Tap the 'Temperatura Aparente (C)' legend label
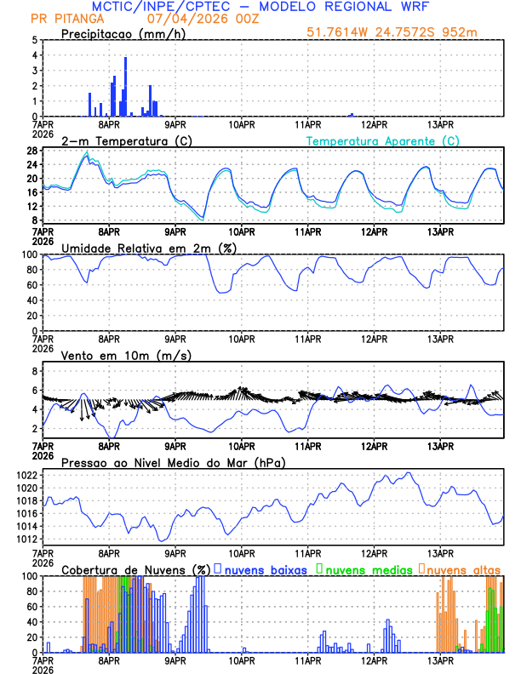[x=382, y=140]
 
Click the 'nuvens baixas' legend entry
[x=266, y=569]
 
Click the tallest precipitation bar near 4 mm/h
[x=125, y=86]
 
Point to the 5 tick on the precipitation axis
[x=34, y=40]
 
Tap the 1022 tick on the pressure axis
[x=26, y=475]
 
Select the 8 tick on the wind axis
[x=34, y=371]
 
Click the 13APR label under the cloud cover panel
[x=440, y=660]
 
